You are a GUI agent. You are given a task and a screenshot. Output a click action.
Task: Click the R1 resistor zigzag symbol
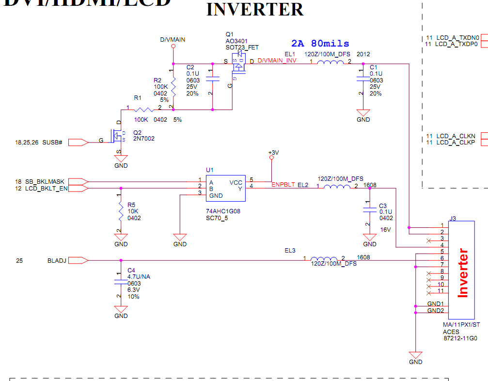pyautogui.click(x=144, y=110)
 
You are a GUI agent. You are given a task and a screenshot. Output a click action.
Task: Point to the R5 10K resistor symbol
pyautogui.click(x=120, y=211)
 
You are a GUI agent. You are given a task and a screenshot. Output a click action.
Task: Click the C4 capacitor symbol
pyautogui.click(x=120, y=282)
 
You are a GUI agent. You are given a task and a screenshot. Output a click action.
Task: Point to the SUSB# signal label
pyautogui.click(x=52, y=143)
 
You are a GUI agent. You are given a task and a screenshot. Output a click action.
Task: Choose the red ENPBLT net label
pyautogui.click(x=283, y=185)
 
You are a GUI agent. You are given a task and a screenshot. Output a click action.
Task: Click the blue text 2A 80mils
pyautogui.click(x=320, y=44)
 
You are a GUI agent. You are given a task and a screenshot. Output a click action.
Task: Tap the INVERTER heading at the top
pyautogui.click(x=255, y=10)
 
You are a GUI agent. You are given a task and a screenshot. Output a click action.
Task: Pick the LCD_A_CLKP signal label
pyautogui.click(x=456, y=143)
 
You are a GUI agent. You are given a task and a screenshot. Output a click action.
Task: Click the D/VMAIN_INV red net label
pyautogui.click(x=277, y=61)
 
